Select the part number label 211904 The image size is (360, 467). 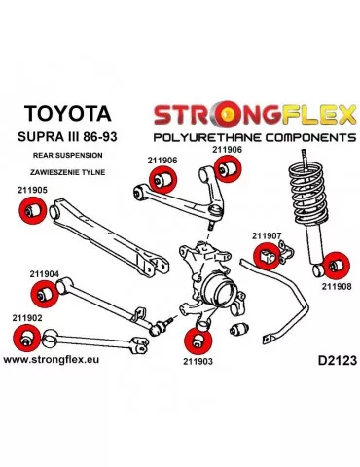pos(34,274)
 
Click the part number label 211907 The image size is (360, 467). pos(267,235)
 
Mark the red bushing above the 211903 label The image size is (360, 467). pos(198,339)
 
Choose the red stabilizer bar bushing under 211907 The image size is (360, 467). pos(269,257)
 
